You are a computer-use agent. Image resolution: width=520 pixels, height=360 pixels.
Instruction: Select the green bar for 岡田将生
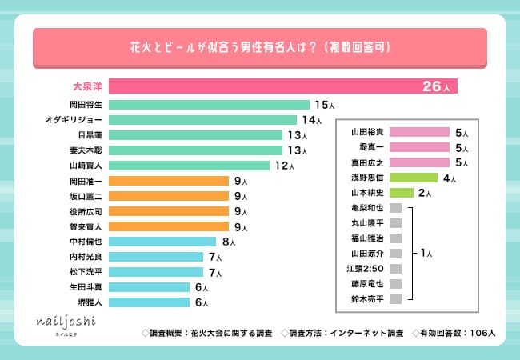pos(209,105)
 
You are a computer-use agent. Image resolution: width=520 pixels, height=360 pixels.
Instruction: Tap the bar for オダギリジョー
pos(202,120)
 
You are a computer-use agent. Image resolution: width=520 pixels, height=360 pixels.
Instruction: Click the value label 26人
pos(436,86)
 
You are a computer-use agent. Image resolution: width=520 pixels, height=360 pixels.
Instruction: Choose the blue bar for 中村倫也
pos(162,242)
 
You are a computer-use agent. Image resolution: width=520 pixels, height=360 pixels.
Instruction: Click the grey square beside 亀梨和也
pos(394,208)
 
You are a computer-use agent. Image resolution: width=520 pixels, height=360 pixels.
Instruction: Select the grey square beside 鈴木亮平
pos(394,298)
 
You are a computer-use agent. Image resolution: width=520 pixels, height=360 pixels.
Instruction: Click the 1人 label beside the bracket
pos(426,253)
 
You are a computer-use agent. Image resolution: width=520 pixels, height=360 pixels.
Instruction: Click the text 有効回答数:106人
pos(454,331)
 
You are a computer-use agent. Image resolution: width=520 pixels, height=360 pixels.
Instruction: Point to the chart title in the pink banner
pos(259,47)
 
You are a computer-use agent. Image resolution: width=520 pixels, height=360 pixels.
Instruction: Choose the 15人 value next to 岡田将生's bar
pos(322,105)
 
